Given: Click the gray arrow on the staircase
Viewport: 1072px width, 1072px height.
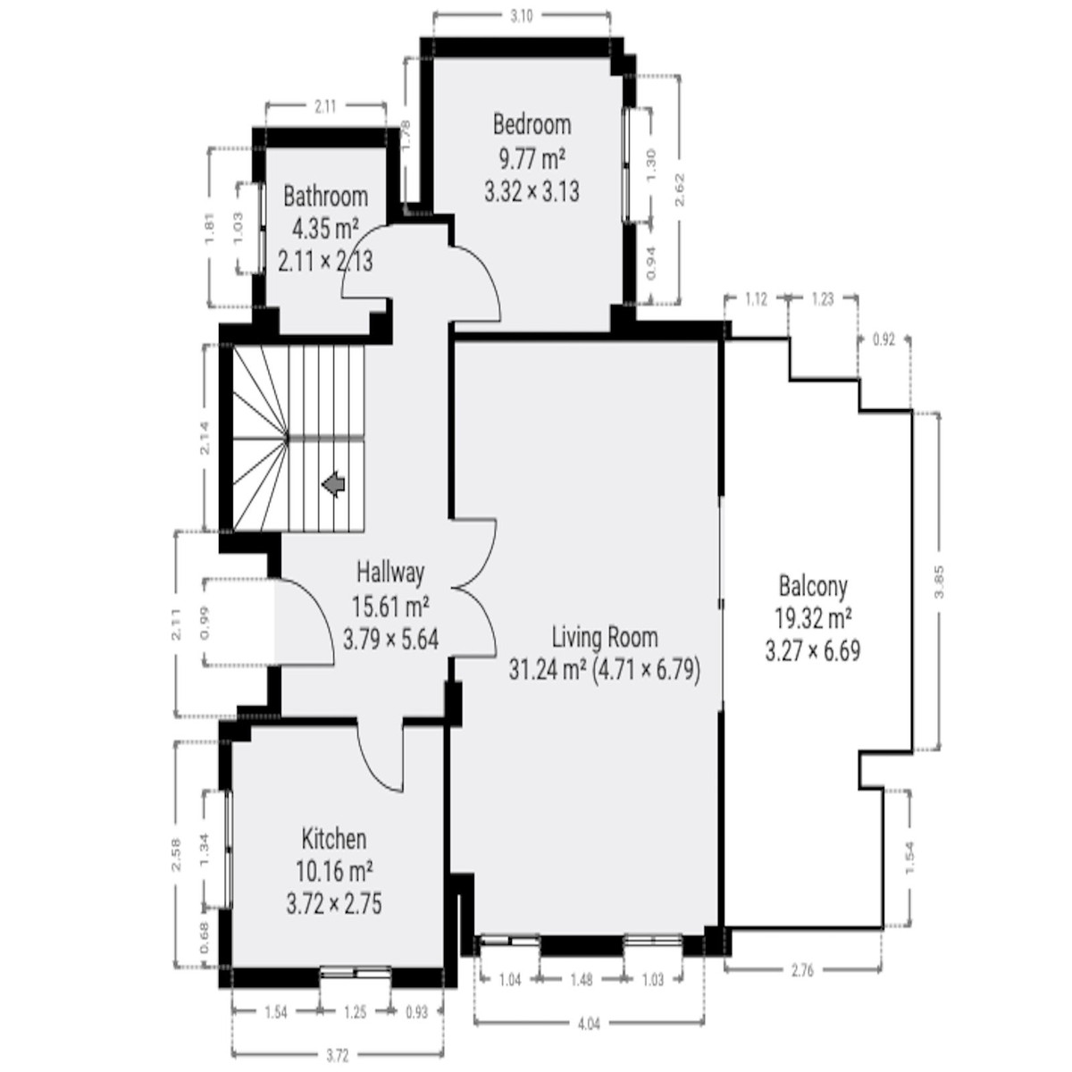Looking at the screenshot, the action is click(334, 484).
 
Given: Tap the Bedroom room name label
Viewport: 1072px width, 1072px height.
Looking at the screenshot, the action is click(532, 124).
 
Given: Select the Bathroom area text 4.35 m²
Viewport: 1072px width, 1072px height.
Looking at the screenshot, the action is click(325, 229).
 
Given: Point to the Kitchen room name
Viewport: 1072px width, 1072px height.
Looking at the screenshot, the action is click(334, 839).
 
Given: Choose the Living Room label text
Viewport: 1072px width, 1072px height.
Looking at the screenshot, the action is click(605, 637).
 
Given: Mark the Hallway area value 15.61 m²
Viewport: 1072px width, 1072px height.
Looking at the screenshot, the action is click(390, 607).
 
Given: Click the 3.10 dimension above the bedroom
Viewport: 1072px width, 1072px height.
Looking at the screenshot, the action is click(521, 17).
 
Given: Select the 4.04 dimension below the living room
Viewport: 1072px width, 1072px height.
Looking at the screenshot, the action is click(589, 1024).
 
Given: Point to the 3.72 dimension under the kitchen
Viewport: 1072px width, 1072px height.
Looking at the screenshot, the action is click(337, 1056).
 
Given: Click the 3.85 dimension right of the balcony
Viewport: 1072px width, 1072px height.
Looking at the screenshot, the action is click(940, 582).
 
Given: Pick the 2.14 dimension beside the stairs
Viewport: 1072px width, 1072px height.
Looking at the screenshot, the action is click(205, 438).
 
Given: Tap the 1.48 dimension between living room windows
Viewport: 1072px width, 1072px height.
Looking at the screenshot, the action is click(582, 980).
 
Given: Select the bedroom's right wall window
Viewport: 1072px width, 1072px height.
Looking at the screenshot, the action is click(627, 164).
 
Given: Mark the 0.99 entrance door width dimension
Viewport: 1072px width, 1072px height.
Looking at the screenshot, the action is click(205, 623).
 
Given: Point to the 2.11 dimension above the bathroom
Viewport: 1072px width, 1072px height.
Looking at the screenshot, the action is click(325, 106).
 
